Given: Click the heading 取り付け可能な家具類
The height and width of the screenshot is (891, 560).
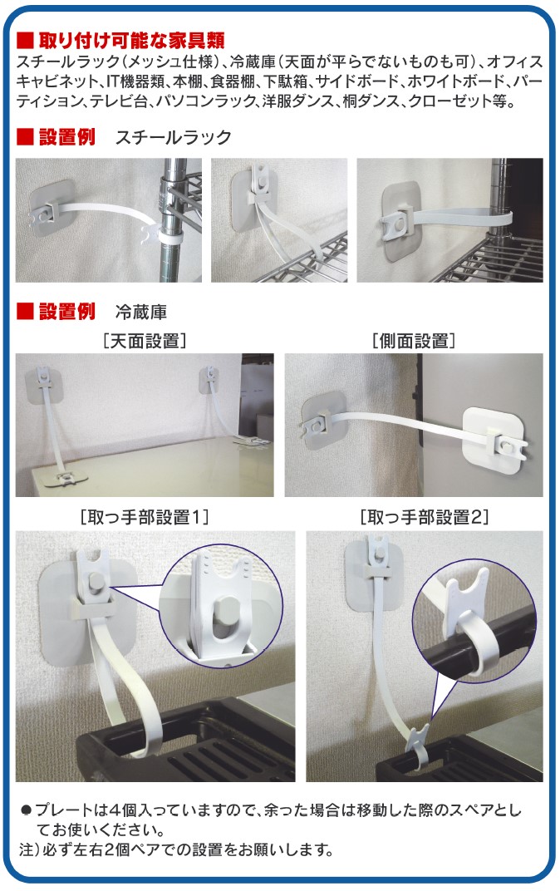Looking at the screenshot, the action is pyautogui.click(x=132, y=41).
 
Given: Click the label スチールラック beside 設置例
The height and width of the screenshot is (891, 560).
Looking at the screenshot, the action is pyautogui.click(x=173, y=137).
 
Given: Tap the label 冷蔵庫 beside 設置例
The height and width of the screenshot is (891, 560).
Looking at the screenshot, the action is pyautogui.click(x=141, y=312).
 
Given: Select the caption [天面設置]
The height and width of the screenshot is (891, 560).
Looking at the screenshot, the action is pyautogui.click(x=145, y=341).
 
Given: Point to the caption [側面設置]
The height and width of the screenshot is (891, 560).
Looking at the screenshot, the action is pyautogui.click(x=414, y=341).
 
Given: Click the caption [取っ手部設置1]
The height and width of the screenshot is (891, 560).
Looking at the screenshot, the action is pyautogui.click(x=145, y=517).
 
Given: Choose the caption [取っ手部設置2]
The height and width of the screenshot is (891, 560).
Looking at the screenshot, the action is pyautogui.click(x=425, y=517).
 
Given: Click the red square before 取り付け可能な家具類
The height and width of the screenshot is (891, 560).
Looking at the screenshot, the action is pyautogui.click(x=25, y=41).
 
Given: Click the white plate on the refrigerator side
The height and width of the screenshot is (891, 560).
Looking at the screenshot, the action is pyautogui.click(x=492, y=441).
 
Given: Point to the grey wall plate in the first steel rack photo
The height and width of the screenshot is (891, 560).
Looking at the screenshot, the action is pyautogui.click(x=52, y=209).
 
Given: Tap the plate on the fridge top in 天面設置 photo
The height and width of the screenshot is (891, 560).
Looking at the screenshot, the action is pyautogui.click(x=68, y=477).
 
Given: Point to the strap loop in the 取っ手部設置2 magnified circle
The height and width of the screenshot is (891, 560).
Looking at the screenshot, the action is pyautogui.click(x=476, y=642).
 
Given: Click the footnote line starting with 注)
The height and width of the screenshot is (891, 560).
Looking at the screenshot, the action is pyautogui.click(x=175, y=849).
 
